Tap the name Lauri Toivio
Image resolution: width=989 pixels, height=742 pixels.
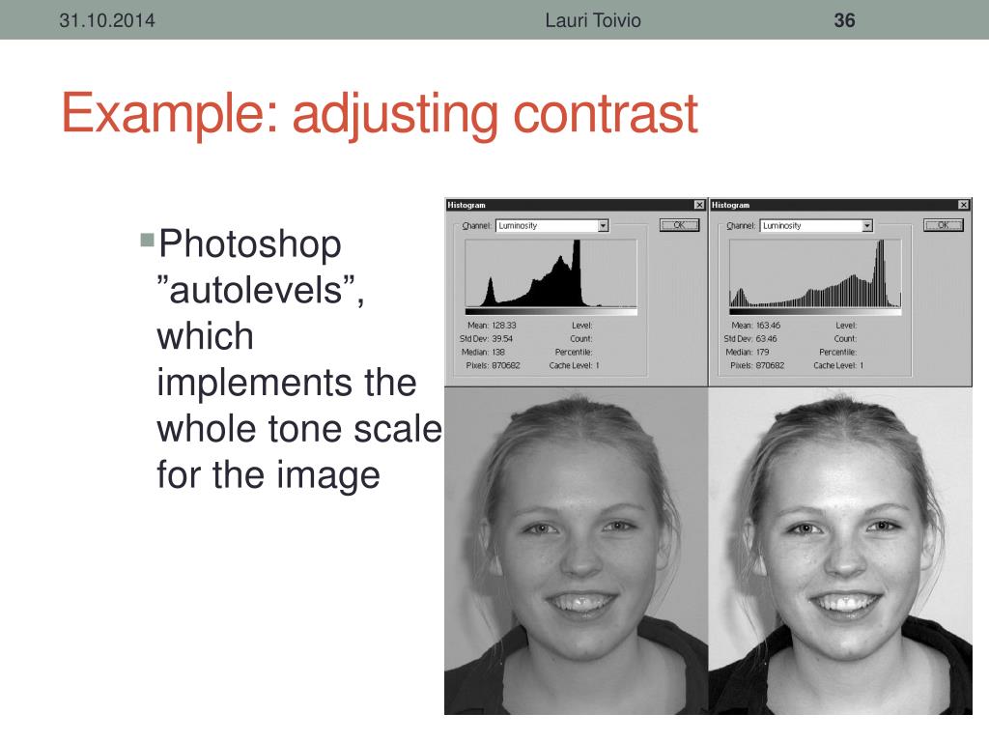point(592,20)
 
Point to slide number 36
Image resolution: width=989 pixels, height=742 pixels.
point(844,20)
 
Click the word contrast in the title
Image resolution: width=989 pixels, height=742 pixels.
point(605,114)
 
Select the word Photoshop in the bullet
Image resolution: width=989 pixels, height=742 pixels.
point(249,244)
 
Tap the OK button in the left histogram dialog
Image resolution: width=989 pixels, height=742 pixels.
point(679,225)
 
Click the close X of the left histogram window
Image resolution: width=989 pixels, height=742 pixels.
point(699,205)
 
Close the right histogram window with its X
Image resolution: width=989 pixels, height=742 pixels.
point(964,205)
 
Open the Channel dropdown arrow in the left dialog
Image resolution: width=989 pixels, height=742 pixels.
point(603,226)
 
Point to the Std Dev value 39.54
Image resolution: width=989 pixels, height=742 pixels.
point(502,339)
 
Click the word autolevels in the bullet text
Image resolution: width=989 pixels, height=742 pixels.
point(256,291)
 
